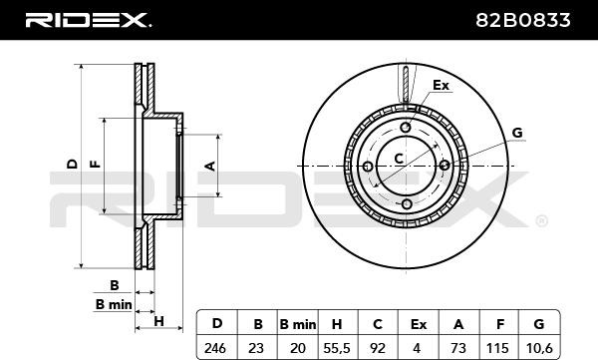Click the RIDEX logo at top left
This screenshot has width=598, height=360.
(x=87, y=20)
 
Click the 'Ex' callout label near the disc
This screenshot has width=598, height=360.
(x=442, y=86)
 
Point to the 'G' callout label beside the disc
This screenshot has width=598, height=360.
(x=517, y=133)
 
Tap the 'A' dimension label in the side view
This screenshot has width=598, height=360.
(x=210, y=165)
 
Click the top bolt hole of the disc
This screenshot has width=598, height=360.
(x=406, y=127)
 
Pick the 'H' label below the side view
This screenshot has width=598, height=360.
(x=158, y=320)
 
